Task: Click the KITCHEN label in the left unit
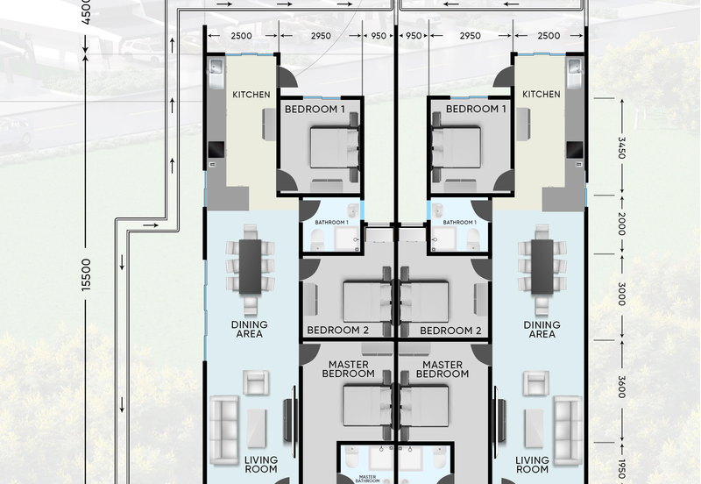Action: pos(251,95)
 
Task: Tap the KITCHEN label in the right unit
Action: pos(541,94)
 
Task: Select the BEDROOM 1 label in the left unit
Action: pos(315,109)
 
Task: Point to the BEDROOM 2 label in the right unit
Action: pos(450,331)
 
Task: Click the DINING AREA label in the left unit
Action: pos(250,329)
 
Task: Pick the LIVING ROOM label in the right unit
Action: pos(532,465)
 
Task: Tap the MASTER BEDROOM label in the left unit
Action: pos(348,369)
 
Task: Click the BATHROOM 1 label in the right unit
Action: pos(459,223)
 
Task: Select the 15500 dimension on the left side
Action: pos(86,274)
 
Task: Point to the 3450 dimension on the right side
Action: pos(621,147)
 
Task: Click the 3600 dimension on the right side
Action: pos(621,387)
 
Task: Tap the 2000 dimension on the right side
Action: pos(621,224)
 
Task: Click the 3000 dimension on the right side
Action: pos(621,294)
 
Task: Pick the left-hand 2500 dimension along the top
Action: pos(242,36)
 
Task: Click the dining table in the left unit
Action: pos(250,267)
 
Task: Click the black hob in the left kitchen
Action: pos(216,150)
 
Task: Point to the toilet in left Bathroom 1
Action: pos(317,239)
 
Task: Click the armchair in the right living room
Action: pos(536,383)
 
